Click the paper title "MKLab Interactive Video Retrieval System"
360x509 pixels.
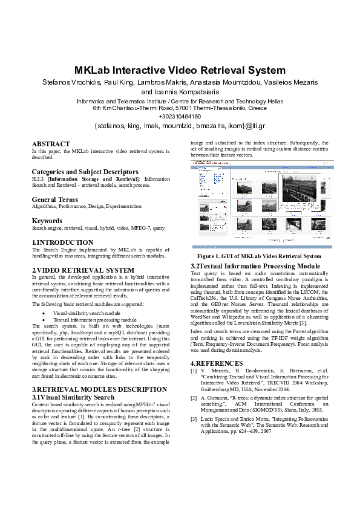[180, 70]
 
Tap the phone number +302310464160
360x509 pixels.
[180, 116]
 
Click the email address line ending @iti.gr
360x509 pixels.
[180, 126]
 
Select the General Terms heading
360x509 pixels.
[54, 199]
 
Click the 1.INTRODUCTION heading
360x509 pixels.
[62, 242]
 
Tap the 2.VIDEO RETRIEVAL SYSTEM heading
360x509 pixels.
[83, 270]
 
